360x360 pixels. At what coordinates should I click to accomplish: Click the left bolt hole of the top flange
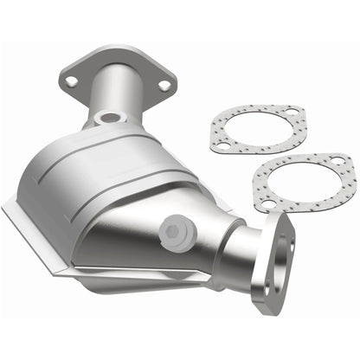point(71,81)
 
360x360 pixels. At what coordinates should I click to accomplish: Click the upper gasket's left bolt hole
point(222,146)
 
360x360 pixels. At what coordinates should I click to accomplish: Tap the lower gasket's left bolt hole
point(268,203)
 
